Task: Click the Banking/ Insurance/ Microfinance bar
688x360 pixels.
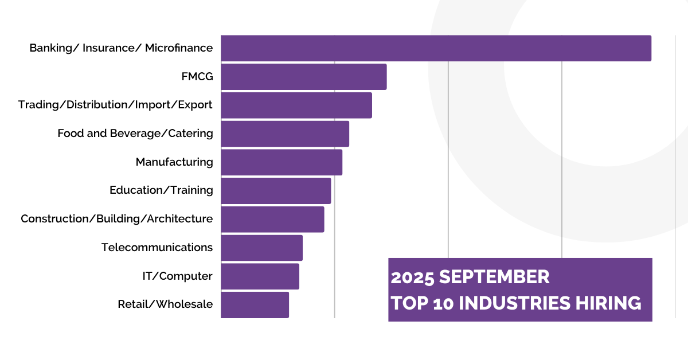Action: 436,48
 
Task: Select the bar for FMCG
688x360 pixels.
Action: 303,77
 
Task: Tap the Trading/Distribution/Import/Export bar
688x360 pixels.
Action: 296,105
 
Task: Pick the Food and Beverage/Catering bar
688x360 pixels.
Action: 284,134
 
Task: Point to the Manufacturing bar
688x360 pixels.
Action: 281,162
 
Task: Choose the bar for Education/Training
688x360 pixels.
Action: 275,190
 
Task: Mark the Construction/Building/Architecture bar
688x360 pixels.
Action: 272,219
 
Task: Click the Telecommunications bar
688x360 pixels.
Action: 261,248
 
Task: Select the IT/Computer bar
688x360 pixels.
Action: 260,276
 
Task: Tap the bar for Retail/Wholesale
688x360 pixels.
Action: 255,304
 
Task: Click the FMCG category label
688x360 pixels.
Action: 197,76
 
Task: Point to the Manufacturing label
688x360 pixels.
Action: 174,162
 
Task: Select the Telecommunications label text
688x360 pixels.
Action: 157,248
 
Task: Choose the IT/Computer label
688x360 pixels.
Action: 177,276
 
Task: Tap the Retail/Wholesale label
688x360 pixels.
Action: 165,304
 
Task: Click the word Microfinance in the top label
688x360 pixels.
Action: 178,48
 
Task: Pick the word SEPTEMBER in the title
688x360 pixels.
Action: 494,277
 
